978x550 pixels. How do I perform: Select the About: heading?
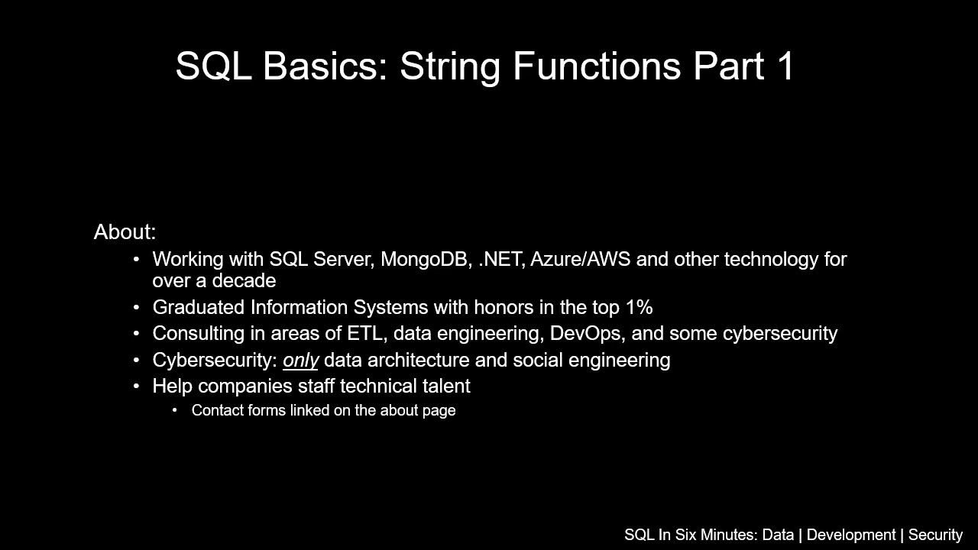click(125, 232)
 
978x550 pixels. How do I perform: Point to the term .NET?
click(501, 260)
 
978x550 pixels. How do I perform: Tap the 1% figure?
click(639, 308)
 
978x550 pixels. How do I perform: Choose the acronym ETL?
click(364, 334)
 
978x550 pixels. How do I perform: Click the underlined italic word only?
click(300, 361)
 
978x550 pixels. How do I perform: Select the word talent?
click(446, 387)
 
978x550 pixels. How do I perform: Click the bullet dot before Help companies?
click(136, 387)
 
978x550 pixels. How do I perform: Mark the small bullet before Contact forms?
click(175, 411)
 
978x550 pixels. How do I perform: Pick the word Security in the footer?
click(935, 535)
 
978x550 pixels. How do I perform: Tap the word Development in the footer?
click(850, 535)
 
